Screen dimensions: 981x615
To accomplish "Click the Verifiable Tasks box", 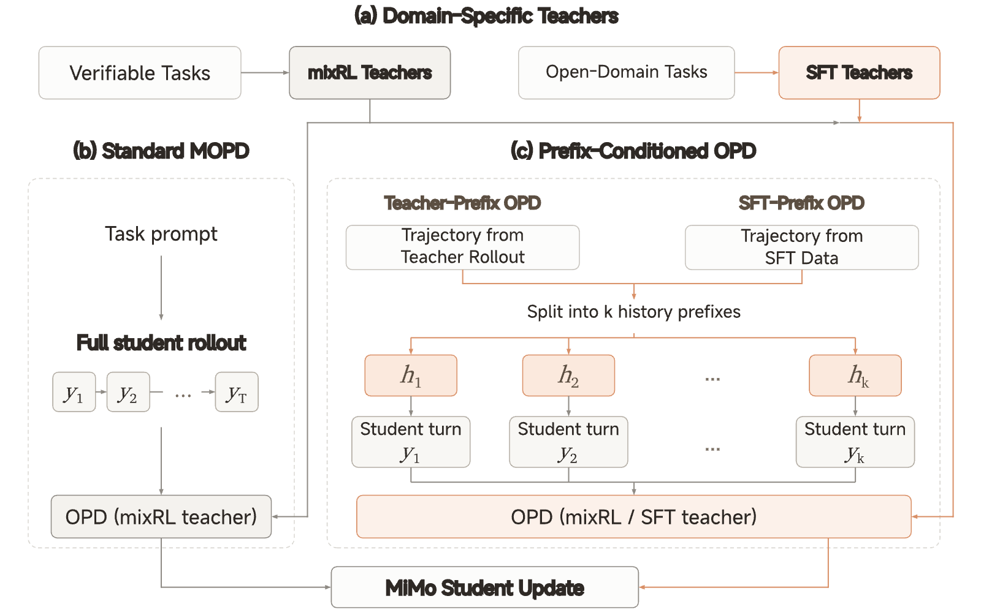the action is [x=140, y=73].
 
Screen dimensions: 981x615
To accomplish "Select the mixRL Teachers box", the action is [x=370, y=73].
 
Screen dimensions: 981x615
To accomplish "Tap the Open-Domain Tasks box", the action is [x=626, y=73].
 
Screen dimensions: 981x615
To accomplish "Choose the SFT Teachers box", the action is [x=859, y=73].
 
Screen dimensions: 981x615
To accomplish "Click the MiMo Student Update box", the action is [x=485, y=587].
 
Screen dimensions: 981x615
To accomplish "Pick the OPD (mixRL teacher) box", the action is [x=161, y=516].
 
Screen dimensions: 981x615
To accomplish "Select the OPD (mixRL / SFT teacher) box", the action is [x=634, y=516].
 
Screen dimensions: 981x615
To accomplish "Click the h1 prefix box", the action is [x=411, y=375].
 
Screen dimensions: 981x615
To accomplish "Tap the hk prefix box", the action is [x=855, y=375].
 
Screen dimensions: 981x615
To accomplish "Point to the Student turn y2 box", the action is [x=568, y=442].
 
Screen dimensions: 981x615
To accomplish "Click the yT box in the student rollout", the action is [x=237, y=392].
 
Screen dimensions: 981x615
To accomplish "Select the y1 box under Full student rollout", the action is [x=74, y=392].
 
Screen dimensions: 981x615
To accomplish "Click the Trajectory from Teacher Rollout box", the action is [x=462, y=247].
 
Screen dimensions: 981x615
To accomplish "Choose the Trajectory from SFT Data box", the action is [x=802, y=247].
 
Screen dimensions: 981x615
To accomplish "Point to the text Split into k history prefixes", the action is [x=634, y=312].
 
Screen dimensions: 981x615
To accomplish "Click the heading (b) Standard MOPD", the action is [x=161, y=151].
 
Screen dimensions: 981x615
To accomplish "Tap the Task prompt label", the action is [x=161, y=234].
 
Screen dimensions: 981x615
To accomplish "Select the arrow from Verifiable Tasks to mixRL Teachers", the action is [x=265, y=73].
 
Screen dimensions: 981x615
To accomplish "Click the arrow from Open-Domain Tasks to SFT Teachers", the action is [x=757, y=73].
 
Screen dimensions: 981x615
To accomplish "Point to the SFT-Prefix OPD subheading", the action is [x=801, y=203].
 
